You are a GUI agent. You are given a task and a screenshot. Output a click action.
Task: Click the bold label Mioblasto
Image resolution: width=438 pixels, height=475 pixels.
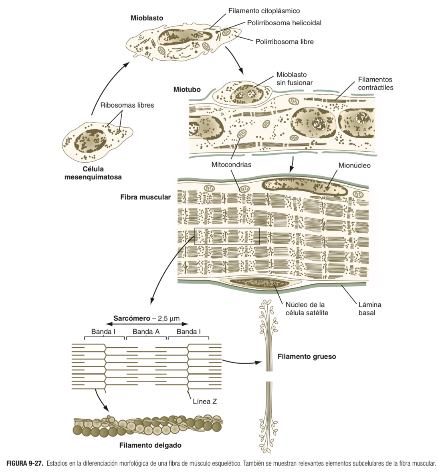tap(147, 18)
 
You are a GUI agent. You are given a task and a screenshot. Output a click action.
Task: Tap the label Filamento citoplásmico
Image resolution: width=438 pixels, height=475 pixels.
tap(264, 11)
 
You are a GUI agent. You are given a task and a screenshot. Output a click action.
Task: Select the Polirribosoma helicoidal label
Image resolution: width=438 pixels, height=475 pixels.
tap(284, 23)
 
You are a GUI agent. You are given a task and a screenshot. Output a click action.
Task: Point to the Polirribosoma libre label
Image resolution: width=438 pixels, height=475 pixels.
tap(285, 41)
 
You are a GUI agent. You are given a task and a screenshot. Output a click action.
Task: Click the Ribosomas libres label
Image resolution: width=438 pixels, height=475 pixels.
tap(127, 105)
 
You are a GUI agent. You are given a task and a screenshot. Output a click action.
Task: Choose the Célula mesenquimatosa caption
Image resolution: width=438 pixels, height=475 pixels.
tap(93, 173)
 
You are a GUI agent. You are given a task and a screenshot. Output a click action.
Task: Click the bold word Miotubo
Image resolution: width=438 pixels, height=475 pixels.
tap(187, 90)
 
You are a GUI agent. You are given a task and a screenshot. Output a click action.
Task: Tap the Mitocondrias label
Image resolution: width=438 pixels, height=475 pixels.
tap(231, 165)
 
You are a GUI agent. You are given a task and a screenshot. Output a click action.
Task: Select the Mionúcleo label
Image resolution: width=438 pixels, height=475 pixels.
tap(354, 165)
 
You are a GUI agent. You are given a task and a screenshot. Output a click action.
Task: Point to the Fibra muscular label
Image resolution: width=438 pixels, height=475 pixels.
tap(145, 197)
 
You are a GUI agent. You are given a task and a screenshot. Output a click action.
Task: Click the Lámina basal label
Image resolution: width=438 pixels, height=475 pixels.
tap(369, 308)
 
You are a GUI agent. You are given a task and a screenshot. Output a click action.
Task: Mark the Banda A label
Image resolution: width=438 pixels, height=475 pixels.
tap(146, 332)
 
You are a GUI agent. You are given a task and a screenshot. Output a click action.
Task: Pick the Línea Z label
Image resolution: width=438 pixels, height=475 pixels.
tap(205, 401)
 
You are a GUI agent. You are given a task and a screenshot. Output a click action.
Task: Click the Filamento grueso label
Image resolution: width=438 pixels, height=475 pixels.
tap(307, 357)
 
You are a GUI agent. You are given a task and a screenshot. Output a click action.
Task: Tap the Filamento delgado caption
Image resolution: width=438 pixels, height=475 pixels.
tap(150, 445)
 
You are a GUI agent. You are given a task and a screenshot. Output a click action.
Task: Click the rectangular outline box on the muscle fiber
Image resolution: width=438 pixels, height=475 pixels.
tap(227, 236)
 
